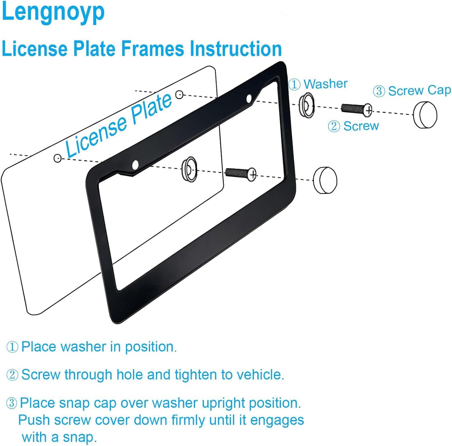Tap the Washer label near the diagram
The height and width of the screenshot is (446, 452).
[x=325, y=84]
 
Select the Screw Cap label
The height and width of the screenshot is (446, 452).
[x=419, y=90]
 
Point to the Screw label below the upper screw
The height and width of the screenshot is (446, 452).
[x=361, y=126]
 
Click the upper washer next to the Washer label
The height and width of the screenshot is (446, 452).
[x=306, y=105]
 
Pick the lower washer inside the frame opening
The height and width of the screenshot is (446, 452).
[x=190, y=169]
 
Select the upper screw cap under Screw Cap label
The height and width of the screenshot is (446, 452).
[x=425, y=115]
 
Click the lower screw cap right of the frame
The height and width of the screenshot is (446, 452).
[x=325, y=180]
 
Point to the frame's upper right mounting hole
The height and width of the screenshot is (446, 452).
[x=249, y=99]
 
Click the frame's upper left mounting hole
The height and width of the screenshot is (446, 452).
[x=135, y=165]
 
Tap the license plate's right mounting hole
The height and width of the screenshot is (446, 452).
[x=179, y=95]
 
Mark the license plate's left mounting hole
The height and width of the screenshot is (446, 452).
[x=57, y=158]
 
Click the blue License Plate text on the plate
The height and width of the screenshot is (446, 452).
[x=119, y=125]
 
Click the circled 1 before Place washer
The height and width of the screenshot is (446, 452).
[x=12, y=347]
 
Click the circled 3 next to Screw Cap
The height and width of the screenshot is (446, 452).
[x=379, y=91]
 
